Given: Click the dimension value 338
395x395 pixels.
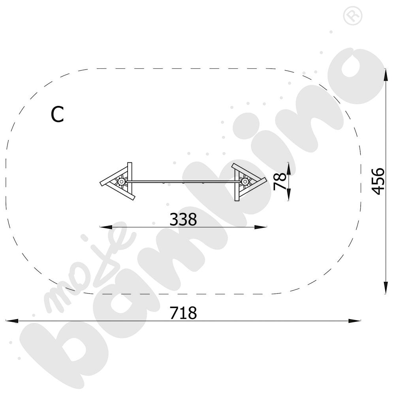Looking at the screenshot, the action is pos(183,219).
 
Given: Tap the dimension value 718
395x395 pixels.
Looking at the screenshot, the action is pos(183,313).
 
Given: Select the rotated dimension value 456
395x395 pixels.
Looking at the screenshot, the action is pos(378,181).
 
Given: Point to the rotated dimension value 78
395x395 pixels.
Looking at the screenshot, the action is pos(280,181).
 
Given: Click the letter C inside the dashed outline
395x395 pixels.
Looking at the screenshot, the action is pos(57,115).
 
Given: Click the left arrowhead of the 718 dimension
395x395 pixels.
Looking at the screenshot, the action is pos(12,321).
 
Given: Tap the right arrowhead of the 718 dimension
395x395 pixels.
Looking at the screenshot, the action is pos(354,321).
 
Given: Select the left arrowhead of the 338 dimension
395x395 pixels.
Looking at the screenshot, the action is pos(106,227).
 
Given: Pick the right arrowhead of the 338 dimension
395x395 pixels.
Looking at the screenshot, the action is pos(260,227).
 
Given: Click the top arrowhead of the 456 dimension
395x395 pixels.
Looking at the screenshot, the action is pos(386,75).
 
